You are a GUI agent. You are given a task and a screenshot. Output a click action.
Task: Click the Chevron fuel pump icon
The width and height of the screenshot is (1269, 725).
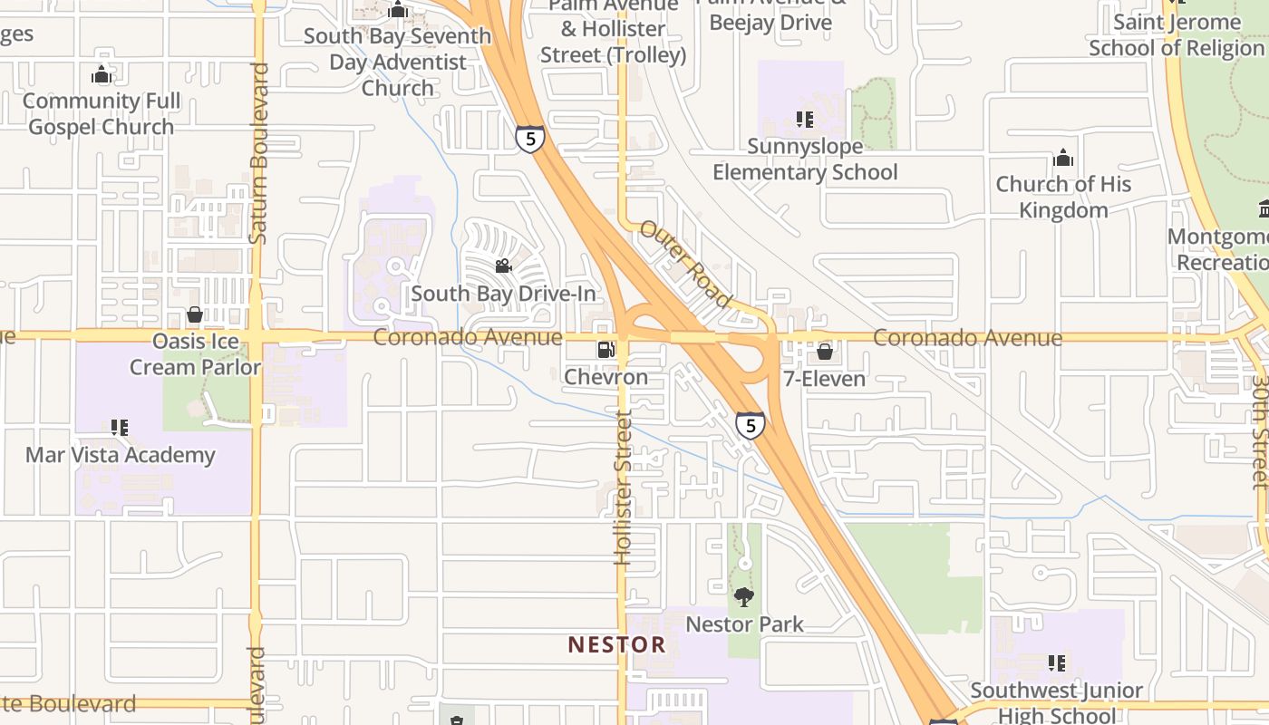[605, 350]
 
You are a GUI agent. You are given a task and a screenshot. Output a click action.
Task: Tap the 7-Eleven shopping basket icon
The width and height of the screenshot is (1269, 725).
[825, 352]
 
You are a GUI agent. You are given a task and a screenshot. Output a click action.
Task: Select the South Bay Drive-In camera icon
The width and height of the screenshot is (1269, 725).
[503, 266]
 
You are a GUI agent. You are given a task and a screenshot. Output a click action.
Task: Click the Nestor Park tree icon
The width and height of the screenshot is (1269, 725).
[744, 597]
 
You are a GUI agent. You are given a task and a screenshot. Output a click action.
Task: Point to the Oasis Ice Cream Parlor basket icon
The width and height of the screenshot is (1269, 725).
[194, 315]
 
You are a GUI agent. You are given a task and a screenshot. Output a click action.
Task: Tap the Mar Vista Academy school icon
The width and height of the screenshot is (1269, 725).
[120, 427]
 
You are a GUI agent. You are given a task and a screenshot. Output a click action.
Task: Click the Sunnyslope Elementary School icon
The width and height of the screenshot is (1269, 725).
[804, 120]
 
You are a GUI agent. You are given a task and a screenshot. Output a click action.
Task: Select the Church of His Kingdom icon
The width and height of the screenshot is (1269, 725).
[1063, 159]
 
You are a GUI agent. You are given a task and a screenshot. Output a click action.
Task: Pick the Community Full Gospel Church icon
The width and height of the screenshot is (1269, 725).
[102, 74]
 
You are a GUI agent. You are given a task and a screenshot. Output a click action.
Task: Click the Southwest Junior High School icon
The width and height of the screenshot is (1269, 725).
[1056, 663]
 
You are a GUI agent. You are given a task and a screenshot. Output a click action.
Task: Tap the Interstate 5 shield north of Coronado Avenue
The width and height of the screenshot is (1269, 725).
[530, 139]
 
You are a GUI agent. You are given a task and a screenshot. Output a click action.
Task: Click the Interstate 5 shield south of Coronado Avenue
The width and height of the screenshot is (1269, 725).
[750, 425]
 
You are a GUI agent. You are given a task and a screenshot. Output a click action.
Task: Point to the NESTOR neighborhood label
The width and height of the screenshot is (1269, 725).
[616, 645]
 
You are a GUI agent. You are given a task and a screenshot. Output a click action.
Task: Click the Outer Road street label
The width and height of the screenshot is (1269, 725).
[686, 263]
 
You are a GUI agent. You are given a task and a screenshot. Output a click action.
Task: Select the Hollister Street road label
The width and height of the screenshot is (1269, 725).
[623, 487]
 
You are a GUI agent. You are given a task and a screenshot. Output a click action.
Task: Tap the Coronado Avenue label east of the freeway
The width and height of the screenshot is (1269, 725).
[967, 338]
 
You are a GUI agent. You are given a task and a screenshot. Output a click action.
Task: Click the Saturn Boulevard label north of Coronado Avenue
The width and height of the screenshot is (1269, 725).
[259, 152]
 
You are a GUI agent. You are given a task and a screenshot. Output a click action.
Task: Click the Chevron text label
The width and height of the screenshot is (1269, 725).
[605, 377]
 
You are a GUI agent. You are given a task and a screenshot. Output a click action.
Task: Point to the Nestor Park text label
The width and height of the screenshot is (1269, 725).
[744, 624]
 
